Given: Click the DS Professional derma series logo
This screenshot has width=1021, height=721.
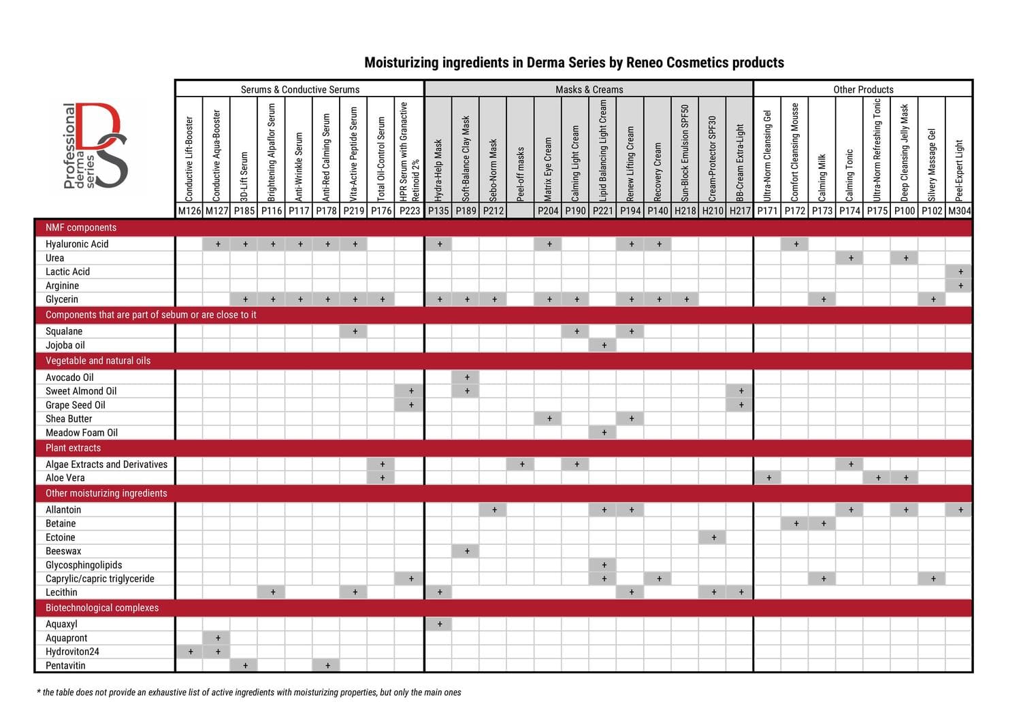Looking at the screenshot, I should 95,146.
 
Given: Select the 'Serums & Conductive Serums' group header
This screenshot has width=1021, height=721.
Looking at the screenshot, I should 299,89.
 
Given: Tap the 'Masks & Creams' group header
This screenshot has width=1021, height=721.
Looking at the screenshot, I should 589,89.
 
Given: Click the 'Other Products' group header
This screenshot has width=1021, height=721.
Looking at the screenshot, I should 863,89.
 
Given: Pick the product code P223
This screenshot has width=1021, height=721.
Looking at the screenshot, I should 410,211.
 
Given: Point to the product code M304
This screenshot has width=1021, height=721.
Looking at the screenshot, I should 959,211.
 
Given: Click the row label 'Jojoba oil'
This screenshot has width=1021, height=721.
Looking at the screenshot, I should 65,345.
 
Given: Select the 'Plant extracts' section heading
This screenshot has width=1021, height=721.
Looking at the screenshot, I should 73,448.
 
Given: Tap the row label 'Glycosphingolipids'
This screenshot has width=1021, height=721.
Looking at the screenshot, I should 84,565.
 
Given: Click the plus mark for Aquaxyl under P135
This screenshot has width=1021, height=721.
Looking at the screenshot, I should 440,624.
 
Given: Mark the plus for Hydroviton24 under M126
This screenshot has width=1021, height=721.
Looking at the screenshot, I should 191,652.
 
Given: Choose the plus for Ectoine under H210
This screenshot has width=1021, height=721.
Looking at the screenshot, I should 713,537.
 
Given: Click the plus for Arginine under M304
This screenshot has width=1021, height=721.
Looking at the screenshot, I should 960,286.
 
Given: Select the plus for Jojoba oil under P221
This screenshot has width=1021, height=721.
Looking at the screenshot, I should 604,345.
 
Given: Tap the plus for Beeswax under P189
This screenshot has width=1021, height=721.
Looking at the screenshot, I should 467,551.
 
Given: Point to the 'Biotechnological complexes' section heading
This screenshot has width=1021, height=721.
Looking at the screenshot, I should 102,607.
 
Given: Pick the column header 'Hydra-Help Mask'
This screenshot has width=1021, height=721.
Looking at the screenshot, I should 438,170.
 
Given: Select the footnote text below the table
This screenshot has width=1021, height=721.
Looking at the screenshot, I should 249,692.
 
